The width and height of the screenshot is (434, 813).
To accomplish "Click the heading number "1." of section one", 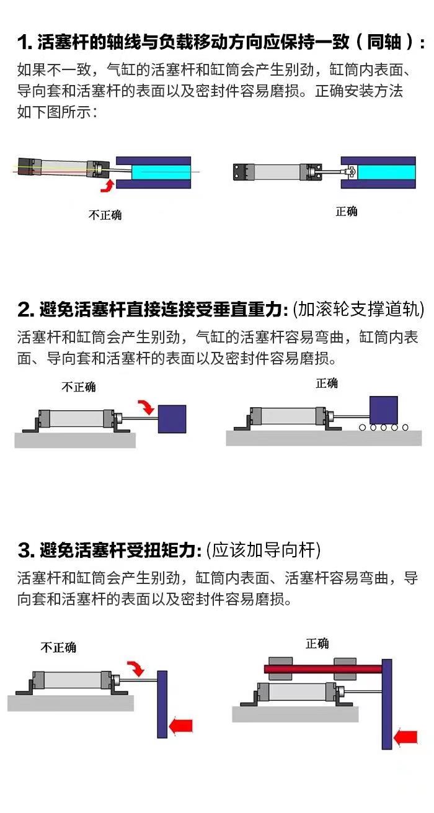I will click(x=25, y=43).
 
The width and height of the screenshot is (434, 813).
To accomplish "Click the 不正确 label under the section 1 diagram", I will click(x=105, y=215).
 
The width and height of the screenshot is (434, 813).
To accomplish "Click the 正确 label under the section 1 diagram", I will click(x=347, y=212).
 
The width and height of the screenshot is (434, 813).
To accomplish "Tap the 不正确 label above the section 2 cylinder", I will click(x=79, y=387).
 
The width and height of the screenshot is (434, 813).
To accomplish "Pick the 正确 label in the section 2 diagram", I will click(x=327, y=383).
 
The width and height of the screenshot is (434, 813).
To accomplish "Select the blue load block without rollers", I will click(x=172, y=419).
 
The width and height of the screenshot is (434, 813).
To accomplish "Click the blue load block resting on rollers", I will click(x=383, y=410).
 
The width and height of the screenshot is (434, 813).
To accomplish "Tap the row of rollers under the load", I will click(x=383, y=427).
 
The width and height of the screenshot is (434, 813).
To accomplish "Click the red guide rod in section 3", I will click(x=322, y=669).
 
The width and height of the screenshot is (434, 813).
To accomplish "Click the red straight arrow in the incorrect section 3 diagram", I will click(x=181, y=725).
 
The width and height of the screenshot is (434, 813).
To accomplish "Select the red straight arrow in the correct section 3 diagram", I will click(x=405, y=737).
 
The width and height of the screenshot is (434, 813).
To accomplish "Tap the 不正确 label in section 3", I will click(x=58, y=647).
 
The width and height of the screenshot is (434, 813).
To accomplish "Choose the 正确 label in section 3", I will click(x=317, y=644).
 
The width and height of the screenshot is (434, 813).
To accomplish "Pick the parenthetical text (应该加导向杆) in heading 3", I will click(x=263, y=550).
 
